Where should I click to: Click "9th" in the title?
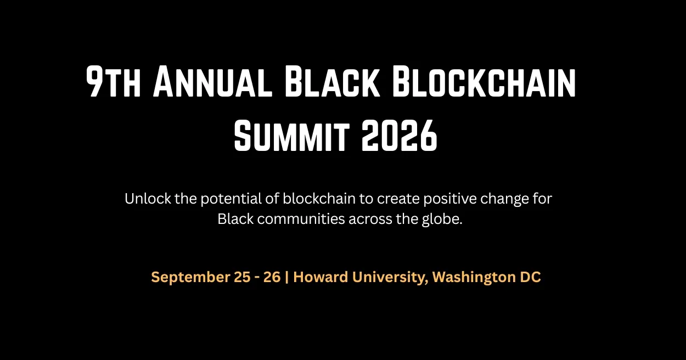click(x=113, y=82)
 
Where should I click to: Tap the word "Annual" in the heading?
click(x=212, y=82)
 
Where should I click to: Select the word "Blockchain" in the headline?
click(x=484, y=82)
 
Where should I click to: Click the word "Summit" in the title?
click(x=292, y=136)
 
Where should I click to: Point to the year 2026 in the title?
click(x=400, y=136)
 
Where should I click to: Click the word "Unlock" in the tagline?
click(x=148, y=199)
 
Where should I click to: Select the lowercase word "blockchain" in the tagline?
click(x=319, y=199)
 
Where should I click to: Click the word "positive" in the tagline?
click(x=450, y=199)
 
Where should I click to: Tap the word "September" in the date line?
click(x=190, y=277)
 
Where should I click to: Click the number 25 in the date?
click(x=242, y=277)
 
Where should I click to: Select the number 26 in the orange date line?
click(x=272, y=277)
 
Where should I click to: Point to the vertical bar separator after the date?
click(x=286, y=277)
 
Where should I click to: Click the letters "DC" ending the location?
click(x=531, y=277)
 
